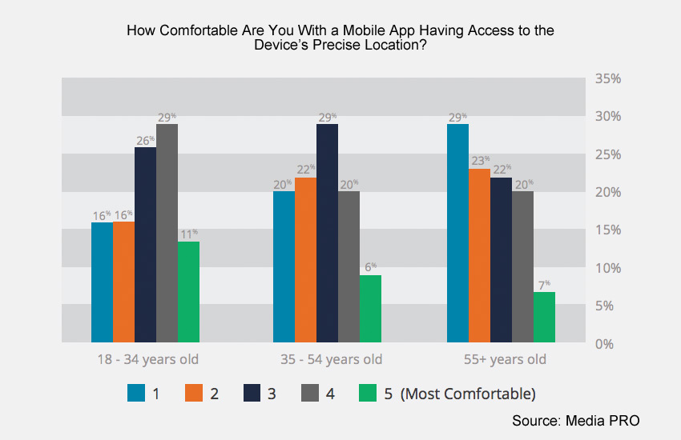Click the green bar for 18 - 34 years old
188,292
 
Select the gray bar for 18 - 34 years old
167,233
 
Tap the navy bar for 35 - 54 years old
327,233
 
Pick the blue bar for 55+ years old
458,233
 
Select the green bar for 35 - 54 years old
370,309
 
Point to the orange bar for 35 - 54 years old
305,260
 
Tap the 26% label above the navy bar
145,140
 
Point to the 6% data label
370,268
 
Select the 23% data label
480,161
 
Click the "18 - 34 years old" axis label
145,359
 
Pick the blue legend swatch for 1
136,394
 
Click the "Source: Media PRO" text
576,420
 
